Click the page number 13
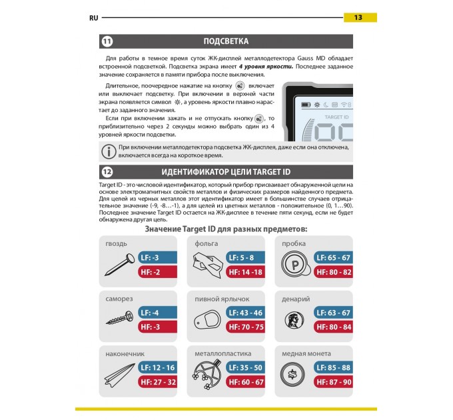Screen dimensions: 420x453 click(x=358, y=17)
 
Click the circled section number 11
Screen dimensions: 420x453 click(x=107, y=41)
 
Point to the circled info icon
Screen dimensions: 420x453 click(x=107, y=149)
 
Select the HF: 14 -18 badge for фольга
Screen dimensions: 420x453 click(x=246, y=273)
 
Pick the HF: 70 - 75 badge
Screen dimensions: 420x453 click(x=246, y=327)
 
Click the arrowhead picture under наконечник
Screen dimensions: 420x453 click(x=119, y=375)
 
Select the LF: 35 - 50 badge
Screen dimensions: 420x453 click(x=246, y=367)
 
